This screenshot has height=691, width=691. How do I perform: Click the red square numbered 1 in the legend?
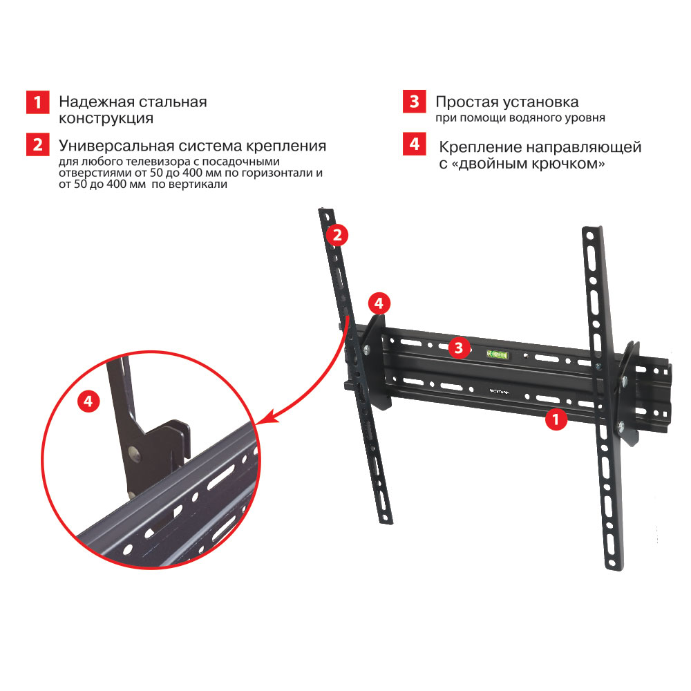[37, 102]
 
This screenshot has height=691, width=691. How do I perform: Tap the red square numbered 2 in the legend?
[37, 144]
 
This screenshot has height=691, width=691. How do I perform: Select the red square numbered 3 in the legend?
[414, 102]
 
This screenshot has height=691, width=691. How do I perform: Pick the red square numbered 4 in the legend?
[414, 144]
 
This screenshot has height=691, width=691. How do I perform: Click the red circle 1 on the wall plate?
[556, 419]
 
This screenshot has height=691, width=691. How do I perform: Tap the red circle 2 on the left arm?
[337, 235]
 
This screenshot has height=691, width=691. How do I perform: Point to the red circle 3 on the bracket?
[459, 348]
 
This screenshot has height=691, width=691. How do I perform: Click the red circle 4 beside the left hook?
[379, 303]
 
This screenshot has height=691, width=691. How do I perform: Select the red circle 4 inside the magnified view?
[88, 401]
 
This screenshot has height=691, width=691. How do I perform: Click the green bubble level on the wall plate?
[497, 354]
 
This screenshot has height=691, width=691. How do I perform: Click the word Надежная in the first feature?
[97, 102]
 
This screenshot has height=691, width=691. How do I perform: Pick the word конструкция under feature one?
[106, 119]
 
